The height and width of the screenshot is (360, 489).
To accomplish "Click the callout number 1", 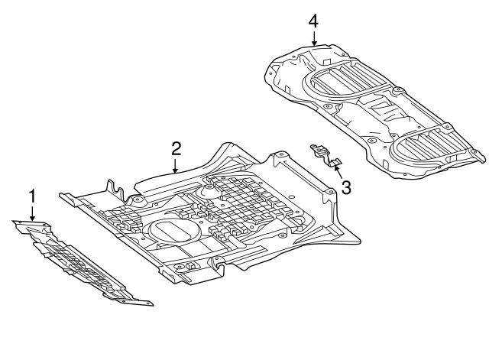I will click(32, 196).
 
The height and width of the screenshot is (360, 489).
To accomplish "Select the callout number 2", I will click(176, 148).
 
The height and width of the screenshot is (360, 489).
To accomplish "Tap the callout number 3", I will click(346, 186).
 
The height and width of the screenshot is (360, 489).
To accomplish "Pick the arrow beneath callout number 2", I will click(176, 166).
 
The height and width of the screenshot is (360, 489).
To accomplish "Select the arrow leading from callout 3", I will click(337, 168).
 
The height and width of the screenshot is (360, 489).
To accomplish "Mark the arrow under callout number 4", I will click(313, 38).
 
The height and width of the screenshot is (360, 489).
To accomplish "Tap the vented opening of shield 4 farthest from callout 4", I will click(424, 145).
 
